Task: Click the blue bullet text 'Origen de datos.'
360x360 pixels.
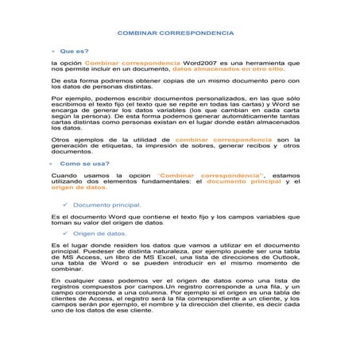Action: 100,234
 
